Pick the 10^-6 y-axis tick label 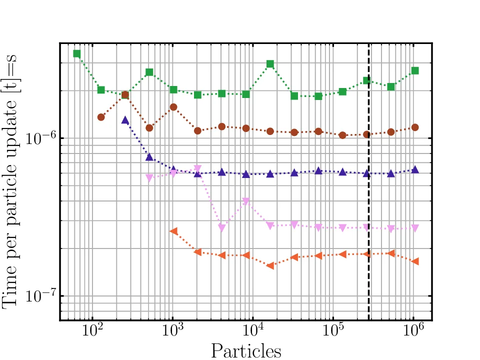pyautogui.click(x=39, y=139)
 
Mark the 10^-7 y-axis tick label pyautogui.click(x=39, y=297)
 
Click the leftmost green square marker pyautogui.click(x=76, y=53)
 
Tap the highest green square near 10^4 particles pyautogui.click(x=270, y=64)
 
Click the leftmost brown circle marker pyautogui.click(x=101, y=117)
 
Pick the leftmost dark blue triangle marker pyautogui.click(x=125, y=120)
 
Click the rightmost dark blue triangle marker pyautogui.click(x=415, y=170)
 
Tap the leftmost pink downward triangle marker pyautogui.click(x=149, y=178)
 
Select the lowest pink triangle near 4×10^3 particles pyautogui.click(x=222, y=228)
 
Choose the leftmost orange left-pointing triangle pyautogui.click(x=173, y=231)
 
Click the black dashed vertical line pyautogui.click(x=369, y=200)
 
